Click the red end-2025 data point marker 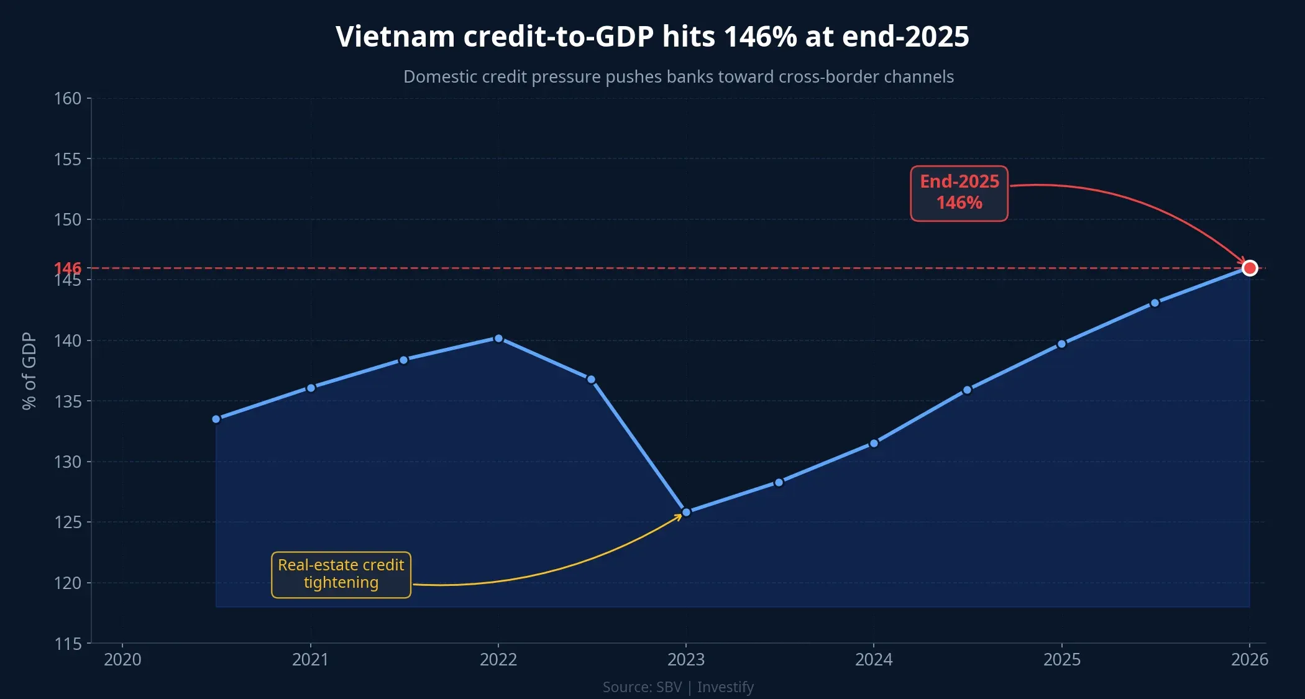click(x=1249, y=268)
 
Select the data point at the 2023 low click(x=686, y=513)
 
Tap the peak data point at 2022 click(x=498, y=339)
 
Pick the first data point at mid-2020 click(x=216, y=419)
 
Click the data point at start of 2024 click(x=874, y=443)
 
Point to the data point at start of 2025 click(x=1061, y=344)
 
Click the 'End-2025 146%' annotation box click(x=959, y=193)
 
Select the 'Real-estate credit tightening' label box click(x=341, y=574)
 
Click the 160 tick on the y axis click(x=68, y=98)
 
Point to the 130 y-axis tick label click(x=68, y=462)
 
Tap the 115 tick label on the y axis click(x=68, y=644)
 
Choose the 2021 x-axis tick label click(x=310, y=659)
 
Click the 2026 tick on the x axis click(x=1249, y=659)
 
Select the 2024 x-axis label click(x=874, y=659)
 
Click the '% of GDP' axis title click(x=29, y=371)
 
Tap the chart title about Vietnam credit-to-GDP click(x=652, y=37)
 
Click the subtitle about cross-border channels click(x=678, y=76)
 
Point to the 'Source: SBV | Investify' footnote click(x=678, y=687)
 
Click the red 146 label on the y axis click(x=67, y=267)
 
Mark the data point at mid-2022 click(x=591, y=379)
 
